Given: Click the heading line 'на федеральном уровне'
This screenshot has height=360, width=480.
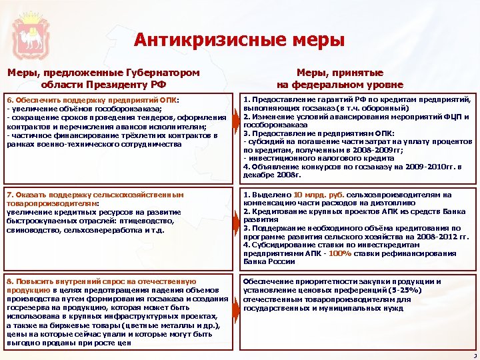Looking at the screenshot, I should (x=340, y=85).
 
